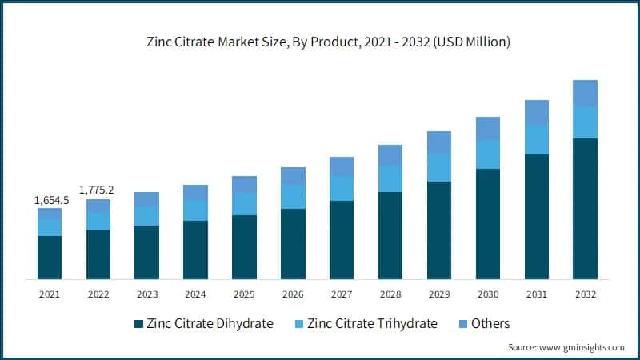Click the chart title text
[x=320, y=42]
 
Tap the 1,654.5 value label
[x=51, y=200]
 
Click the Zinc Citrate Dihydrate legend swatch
[x=139, y=324]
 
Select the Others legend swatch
[x=462, y=324]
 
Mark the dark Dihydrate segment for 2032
[x=585, y=208]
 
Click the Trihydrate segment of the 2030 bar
[x=488, y=154]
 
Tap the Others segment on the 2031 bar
[x=537, y=112]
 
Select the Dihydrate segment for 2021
[x=50, y=258]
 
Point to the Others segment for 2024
[x=195, y=193]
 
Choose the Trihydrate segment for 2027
[x=342, y=188]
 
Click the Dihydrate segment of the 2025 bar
[x=244, y=246]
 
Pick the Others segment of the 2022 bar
[x=98, y=206]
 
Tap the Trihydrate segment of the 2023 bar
[x=146, y=216]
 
